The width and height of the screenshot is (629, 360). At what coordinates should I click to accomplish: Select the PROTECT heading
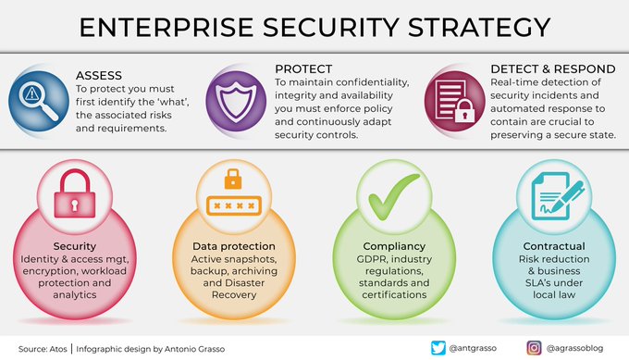305,69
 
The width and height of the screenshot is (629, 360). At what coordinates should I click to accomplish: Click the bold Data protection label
233,246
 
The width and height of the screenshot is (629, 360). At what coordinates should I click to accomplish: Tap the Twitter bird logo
438,347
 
